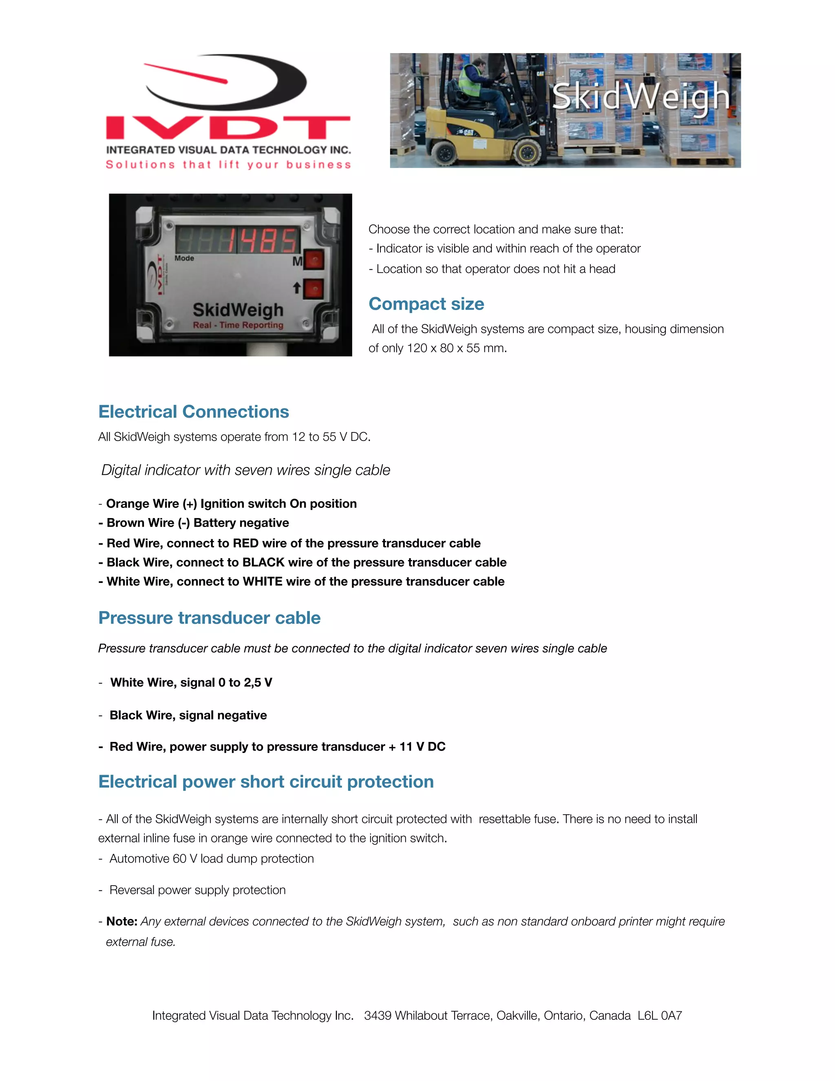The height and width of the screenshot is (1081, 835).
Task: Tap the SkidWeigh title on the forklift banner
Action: click(x=640, y=97)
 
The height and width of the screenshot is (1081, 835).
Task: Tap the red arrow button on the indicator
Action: click(x=313, y=289)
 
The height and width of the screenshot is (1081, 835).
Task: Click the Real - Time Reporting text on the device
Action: click(x=238, y=325)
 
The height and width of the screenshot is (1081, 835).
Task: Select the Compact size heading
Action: click(x=426, y=303)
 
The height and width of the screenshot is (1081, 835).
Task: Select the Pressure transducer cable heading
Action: click(x=209, y=618)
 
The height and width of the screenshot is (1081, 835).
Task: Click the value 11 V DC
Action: click(x=422, y=747)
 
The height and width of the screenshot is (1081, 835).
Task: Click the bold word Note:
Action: click(x=121, y=921)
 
